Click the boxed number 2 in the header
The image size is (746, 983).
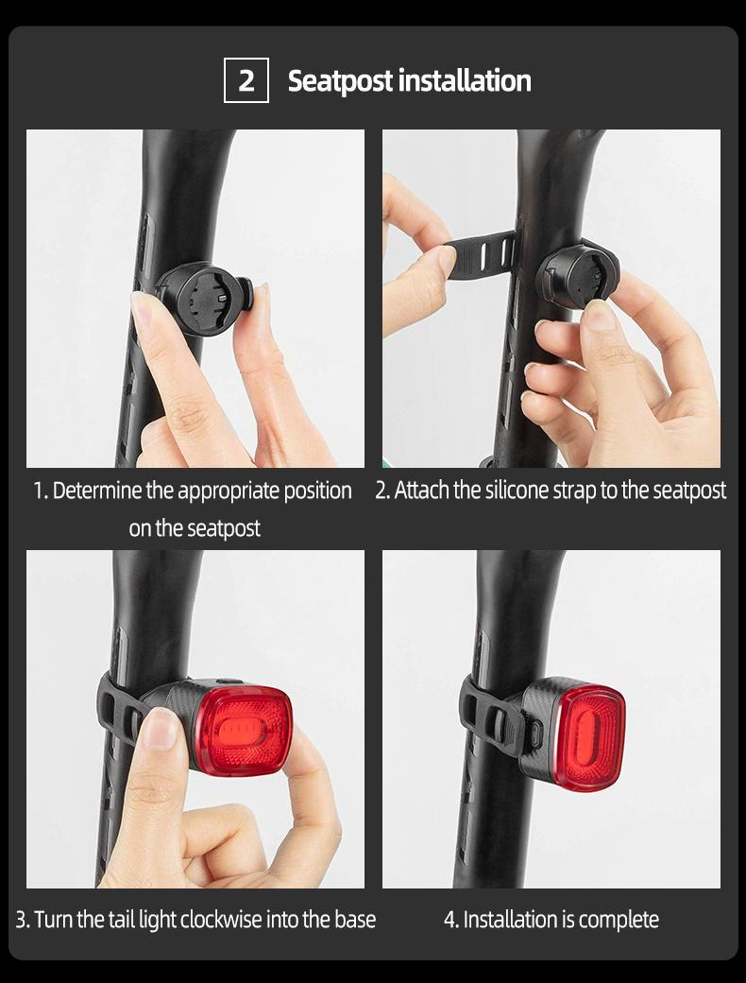click(246, 80)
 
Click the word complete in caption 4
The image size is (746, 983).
click(619, 920)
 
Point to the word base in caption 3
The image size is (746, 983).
click(354, 920)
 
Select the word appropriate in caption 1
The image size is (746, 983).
click(227, 491)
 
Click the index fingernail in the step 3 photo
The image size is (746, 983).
click(161, 728)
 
